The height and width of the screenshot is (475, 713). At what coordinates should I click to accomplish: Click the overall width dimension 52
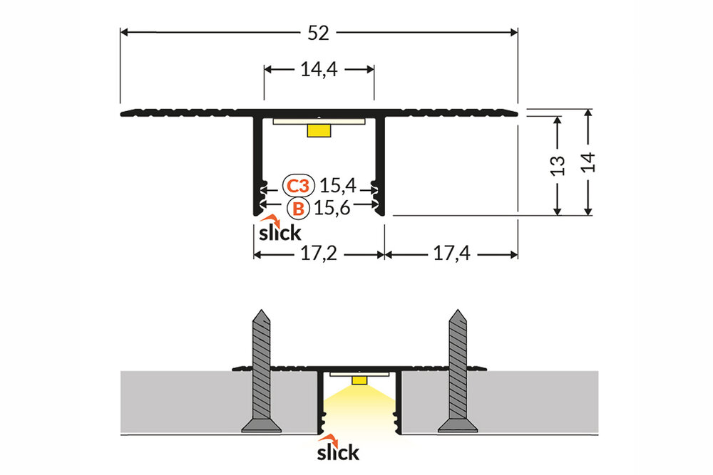point(319,32)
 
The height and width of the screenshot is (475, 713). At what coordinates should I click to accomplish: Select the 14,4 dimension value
point(319,69)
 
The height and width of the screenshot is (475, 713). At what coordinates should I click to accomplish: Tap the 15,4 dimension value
point(337,187)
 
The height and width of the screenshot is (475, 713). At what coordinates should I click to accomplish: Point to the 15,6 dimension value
point(337,209)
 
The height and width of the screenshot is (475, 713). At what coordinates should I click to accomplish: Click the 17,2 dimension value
point(319,254)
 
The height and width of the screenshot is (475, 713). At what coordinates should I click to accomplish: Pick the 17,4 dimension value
point(451,254)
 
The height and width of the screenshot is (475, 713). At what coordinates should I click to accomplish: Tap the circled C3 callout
point(297,187)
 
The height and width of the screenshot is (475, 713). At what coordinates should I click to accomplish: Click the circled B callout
point(298,209)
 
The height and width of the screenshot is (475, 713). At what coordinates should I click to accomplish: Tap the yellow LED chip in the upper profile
point(319,130)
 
